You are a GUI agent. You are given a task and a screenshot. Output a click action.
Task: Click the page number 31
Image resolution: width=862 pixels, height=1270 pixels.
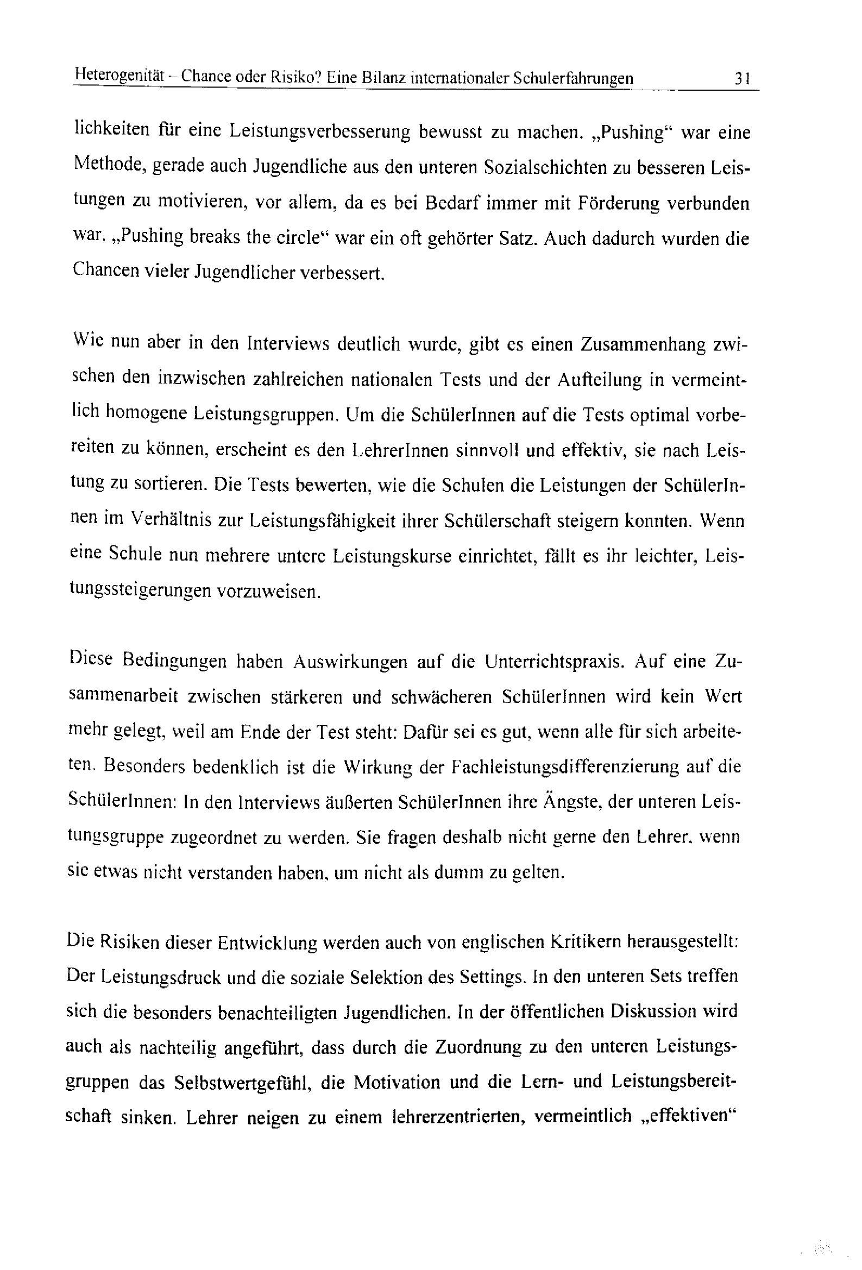pyautogui.click(x=743, y=79)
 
